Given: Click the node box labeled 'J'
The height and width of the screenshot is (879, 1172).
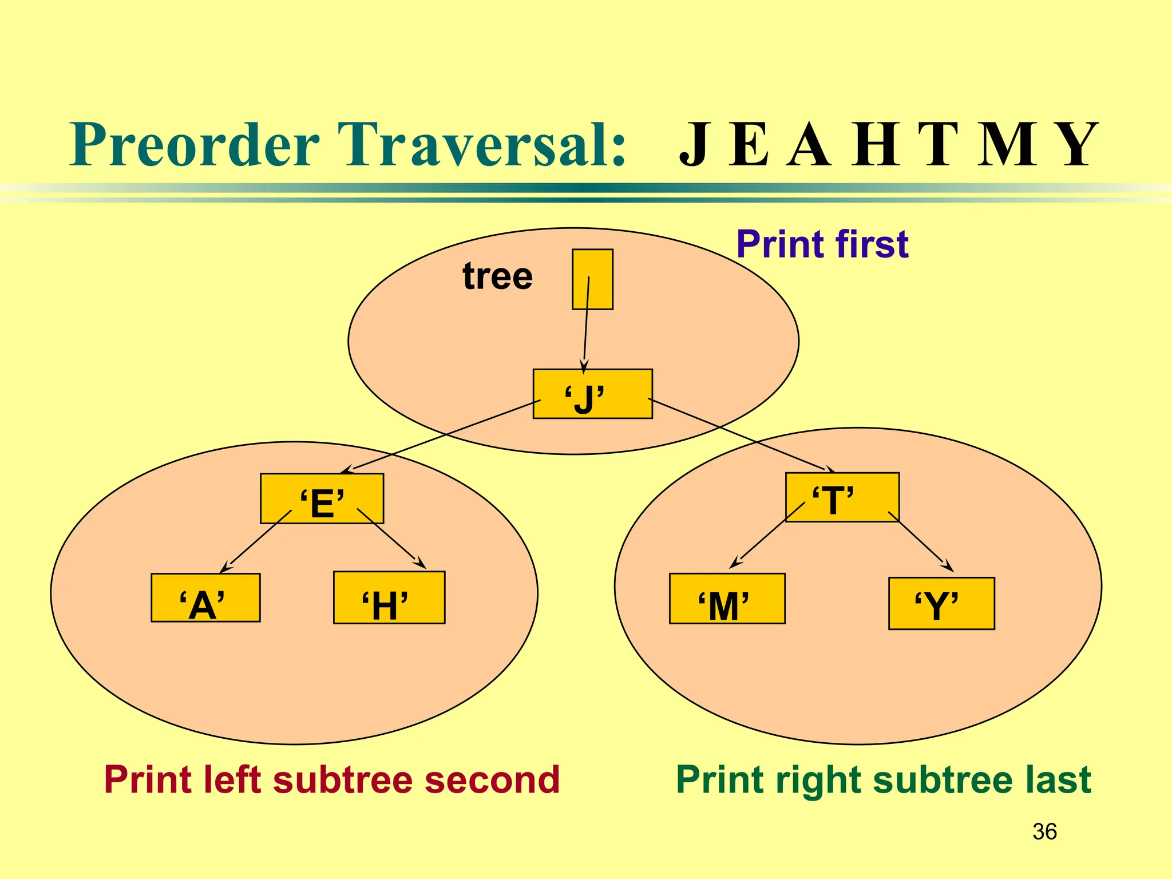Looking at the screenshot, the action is point(592,394).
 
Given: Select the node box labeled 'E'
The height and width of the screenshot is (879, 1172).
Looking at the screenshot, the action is point(322,498).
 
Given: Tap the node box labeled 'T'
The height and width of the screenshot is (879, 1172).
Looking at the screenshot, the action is point(842,497).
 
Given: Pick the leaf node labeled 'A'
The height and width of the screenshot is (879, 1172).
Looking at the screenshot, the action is point(205,598).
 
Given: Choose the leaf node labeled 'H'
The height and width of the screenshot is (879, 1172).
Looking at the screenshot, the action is point(389,598).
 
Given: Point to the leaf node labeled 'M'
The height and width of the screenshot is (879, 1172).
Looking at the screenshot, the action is point(727,599).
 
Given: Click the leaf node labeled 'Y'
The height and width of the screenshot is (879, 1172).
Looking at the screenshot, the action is point(941,604).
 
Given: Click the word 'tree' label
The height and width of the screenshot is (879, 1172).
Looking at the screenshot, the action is point(497,276).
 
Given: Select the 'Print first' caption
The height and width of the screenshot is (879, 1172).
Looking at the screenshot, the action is point(822,244).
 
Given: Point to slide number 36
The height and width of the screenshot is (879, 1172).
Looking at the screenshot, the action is point(1044,832).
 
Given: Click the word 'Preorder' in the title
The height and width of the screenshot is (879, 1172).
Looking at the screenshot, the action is point(195,145).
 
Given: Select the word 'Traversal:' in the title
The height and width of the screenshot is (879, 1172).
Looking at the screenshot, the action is point(481,145).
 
